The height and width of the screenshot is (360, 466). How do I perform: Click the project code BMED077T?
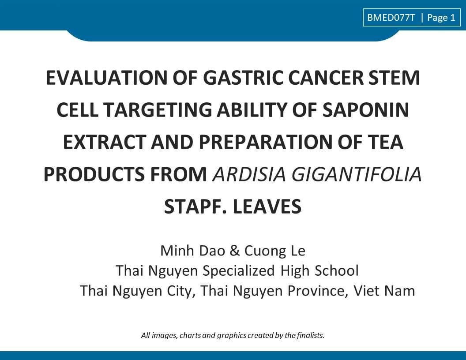(391, 18)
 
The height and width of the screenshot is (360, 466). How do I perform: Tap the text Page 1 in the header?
(441, 18)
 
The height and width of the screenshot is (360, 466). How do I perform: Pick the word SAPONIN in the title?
(366, 110)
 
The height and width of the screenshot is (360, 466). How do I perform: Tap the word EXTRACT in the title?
(105, 142)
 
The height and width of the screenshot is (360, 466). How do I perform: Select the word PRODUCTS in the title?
(95, 174)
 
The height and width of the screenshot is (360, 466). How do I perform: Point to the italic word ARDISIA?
(249, 174)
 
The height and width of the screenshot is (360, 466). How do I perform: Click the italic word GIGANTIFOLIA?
(357, 174)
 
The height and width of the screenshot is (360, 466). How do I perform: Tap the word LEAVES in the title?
(267, 207)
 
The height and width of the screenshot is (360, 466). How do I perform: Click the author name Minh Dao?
(192, 251)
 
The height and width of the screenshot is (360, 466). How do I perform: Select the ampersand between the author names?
(234, 251)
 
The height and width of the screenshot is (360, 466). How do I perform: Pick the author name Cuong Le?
(275, 251)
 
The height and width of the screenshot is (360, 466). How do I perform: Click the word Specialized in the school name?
(238, 271)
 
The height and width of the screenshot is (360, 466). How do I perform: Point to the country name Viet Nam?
(384, 291)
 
